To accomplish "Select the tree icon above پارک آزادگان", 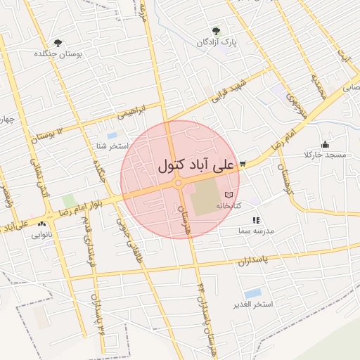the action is [x=215, y=31].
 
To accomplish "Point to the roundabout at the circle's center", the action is [x=179, y=183].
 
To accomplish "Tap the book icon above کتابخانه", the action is [x=229, y=195].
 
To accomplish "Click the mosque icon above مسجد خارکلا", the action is [x=325, y=144].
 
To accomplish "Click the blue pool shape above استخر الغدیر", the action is [x=252, y=292].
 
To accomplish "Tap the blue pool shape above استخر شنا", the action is [x=112, y=135].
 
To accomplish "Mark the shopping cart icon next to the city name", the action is [x=242, y=164].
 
